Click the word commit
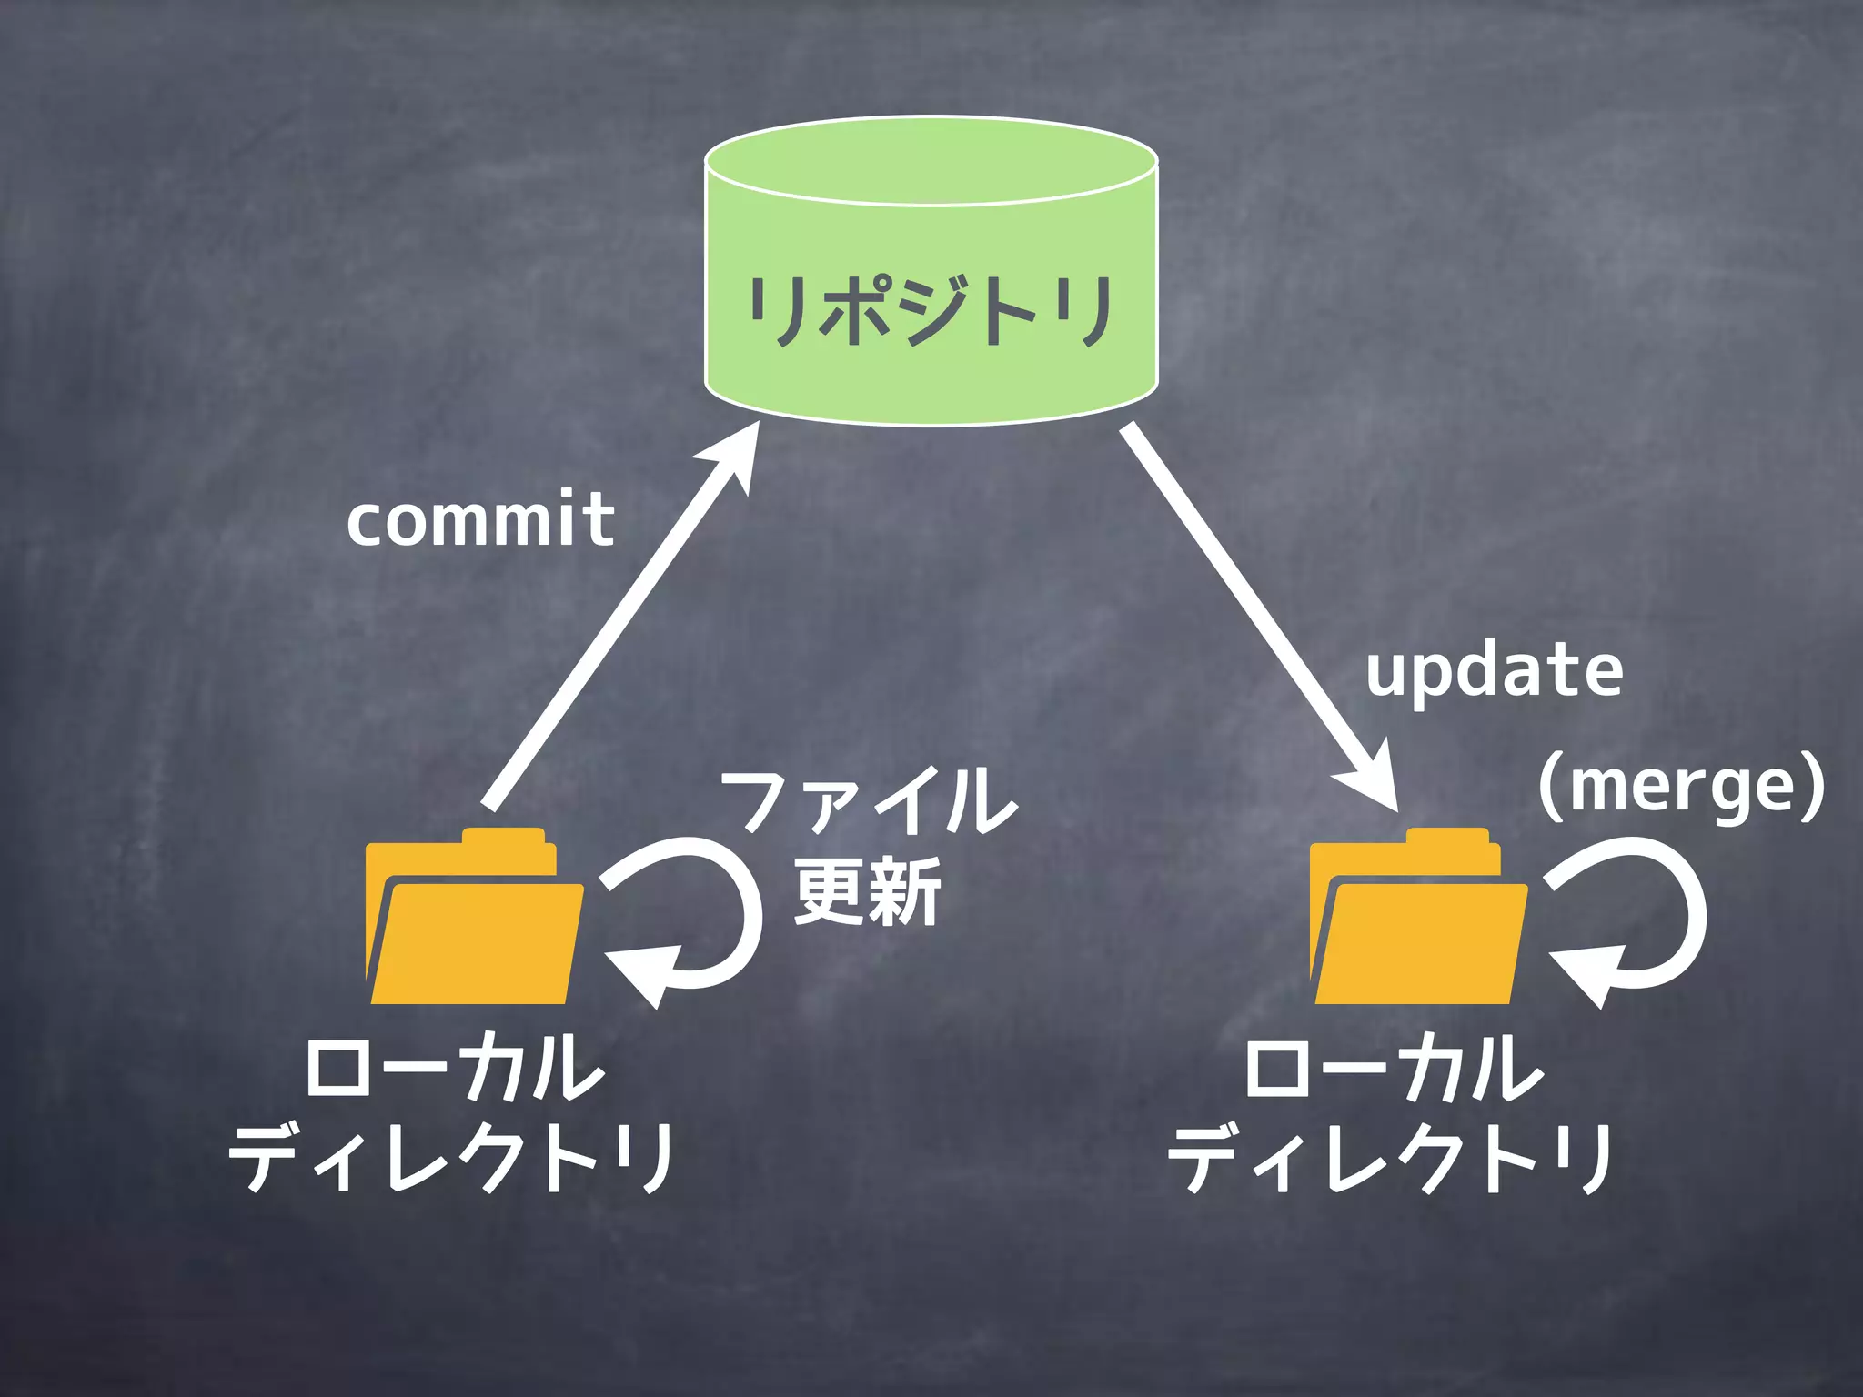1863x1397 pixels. coord(480,519)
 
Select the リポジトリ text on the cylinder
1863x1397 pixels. coord(931,312)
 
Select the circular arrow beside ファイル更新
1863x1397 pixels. coord(691,919)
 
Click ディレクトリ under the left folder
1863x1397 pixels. coord(452,1157)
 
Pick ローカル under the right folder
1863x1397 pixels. coord(1394,1066)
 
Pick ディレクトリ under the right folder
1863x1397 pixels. coord(1392,1157)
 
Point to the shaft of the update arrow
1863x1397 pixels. coord(1246,600)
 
